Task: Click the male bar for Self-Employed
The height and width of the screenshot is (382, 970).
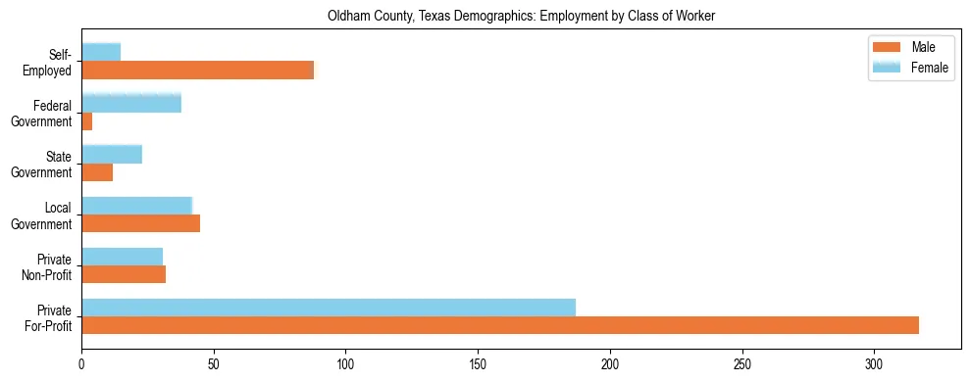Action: pos(197,71)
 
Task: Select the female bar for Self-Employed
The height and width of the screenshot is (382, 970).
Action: pos(101,52)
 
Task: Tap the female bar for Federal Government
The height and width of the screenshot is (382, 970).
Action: pos(131,103)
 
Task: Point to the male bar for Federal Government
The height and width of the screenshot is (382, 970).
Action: pos(87,121)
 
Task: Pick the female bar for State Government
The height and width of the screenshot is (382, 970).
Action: pos(112,154)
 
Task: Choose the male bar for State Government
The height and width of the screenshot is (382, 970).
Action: pos(97,172)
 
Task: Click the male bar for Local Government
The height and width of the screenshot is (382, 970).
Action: pos(140,223)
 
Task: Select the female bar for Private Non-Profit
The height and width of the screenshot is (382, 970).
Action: pos(122,256)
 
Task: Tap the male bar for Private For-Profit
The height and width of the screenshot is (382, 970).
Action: pos(500,325)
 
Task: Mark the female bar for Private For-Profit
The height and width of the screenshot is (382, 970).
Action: pos(329,307)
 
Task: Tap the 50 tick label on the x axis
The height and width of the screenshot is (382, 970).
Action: pos(214,363)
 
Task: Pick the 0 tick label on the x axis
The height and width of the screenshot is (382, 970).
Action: pos(81,363)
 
